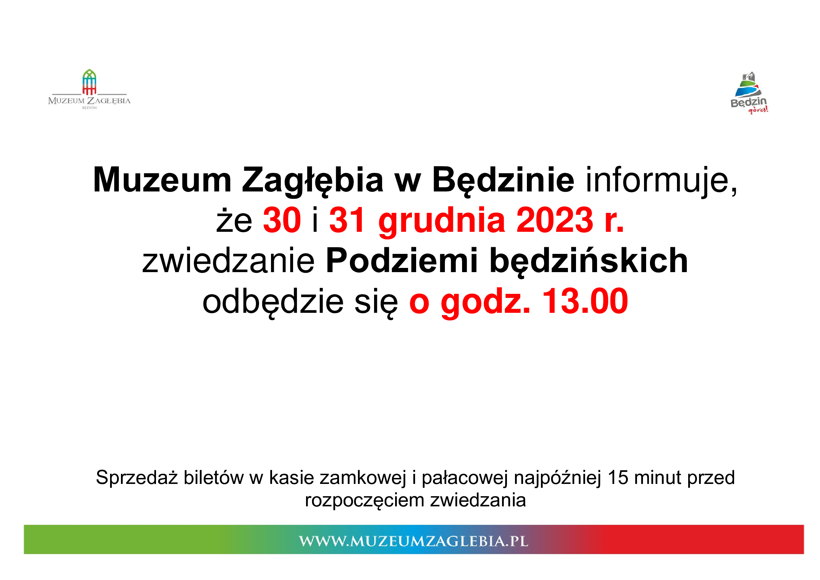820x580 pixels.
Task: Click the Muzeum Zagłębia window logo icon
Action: coord(89,82)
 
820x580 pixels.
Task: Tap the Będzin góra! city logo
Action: coord(749,93)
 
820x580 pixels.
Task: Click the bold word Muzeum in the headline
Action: coord(163,180)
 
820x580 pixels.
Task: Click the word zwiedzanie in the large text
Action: coord(228,260)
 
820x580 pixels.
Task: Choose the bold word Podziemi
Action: coord(402,260)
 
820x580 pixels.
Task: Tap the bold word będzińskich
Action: coord(589,262)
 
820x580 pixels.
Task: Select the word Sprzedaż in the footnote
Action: coord(137,478)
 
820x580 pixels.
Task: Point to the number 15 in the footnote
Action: coord(618,478)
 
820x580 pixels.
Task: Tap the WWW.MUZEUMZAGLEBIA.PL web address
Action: coord(414,541)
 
